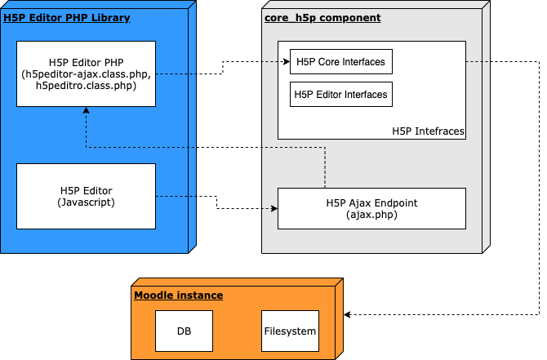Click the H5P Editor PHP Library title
point(67,18)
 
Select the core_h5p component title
point(322,18)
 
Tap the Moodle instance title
point(178,296)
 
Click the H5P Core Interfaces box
point(341,62)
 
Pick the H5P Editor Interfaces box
point(341,94)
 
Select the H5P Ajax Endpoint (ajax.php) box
point(371,209)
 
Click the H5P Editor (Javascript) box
point(87,197)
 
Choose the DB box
point(185,331)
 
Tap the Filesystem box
point(291,331)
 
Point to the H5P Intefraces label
point(428,131)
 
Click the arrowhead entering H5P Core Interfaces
point(287,62)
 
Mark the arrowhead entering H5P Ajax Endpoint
point(274,209)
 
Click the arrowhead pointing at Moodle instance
point(347,314)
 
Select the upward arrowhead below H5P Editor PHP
point(87,110)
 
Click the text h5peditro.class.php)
point(87,86)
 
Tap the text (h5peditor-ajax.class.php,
point(87,74)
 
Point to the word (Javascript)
point(87,202)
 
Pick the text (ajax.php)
point(371,215)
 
